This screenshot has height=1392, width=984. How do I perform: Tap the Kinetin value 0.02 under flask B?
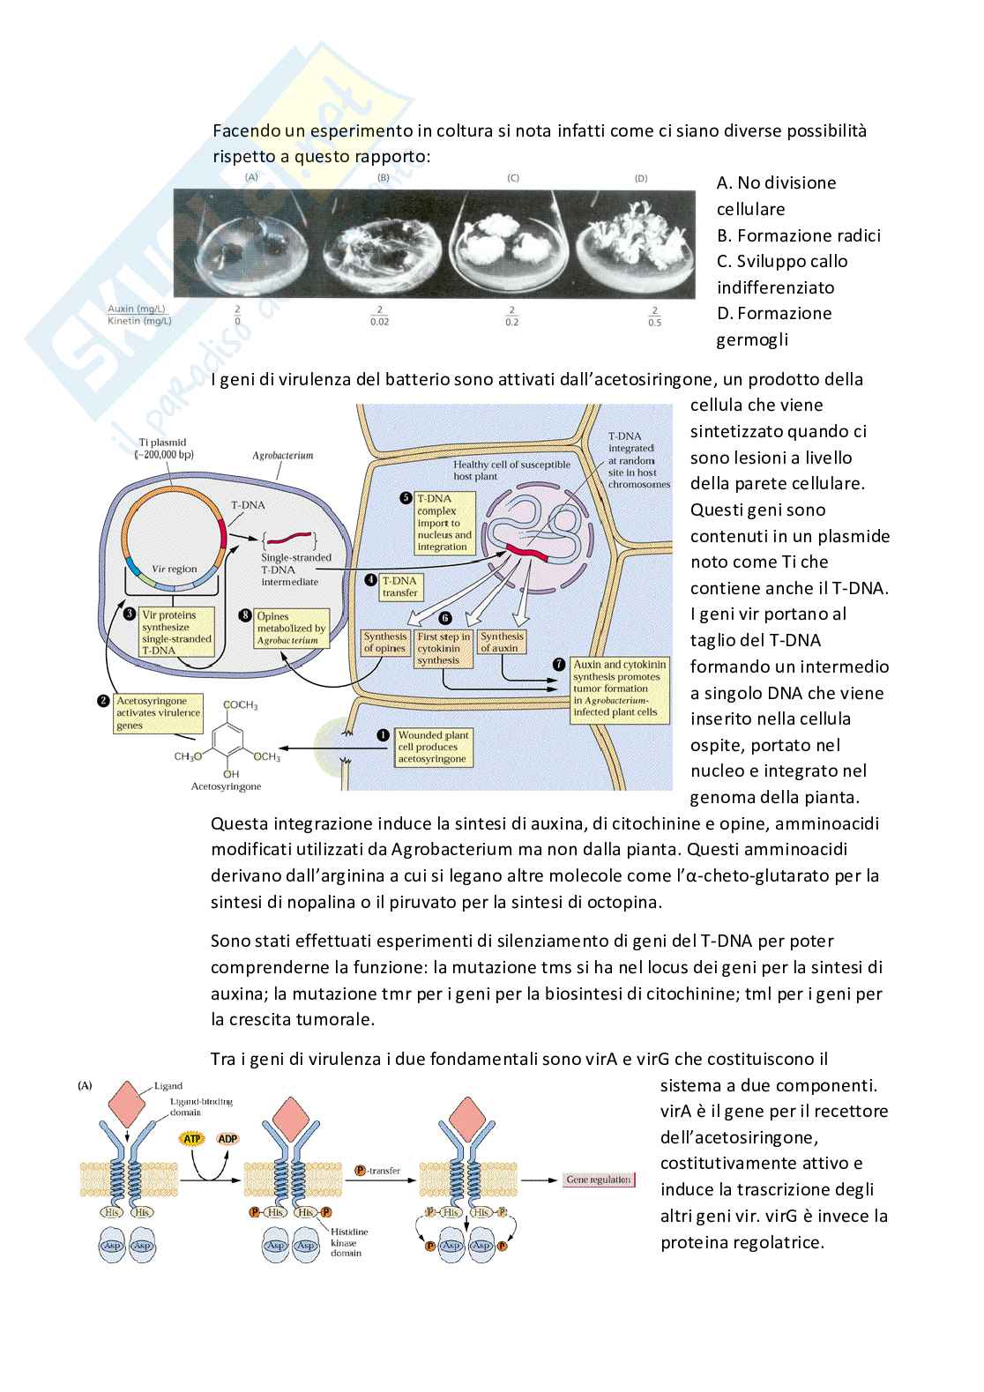pyautogui.click(x=380, y=322)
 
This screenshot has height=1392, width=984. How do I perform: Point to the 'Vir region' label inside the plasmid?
pyautogui.click(x=175, y=569)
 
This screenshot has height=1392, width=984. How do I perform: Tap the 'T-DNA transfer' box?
pyautogui.click(x=400, y=586)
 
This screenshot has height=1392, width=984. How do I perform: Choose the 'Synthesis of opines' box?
pyautogui.click(x=385, y=642)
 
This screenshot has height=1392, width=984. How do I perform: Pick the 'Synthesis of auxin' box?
pyautogui.click(x=502, y=642)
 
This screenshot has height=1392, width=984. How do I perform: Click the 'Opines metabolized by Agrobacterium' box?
pyautogui.click(x=291, y=629)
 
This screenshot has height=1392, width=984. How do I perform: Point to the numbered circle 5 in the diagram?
pyautogui.click(x=406, y=498)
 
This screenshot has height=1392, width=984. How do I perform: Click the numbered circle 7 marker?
pyautogui.click(x=558, y=664)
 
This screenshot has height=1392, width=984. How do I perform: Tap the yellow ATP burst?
pyautogui.click(x=191, y=1139)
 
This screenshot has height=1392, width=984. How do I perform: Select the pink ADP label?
pyautogui.click(x=227, y=1139)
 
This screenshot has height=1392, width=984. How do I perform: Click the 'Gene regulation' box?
pyautogui.click(x=599, y=1180)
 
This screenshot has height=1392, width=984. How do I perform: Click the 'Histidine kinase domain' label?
pyautogui.click(x=349, y=1242)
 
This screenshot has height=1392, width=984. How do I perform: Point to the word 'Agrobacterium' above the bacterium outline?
pyautogui.click(x=282, y=456)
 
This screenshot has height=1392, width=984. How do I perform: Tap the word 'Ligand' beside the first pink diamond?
pyautogui.click(x=168, y=1086)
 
